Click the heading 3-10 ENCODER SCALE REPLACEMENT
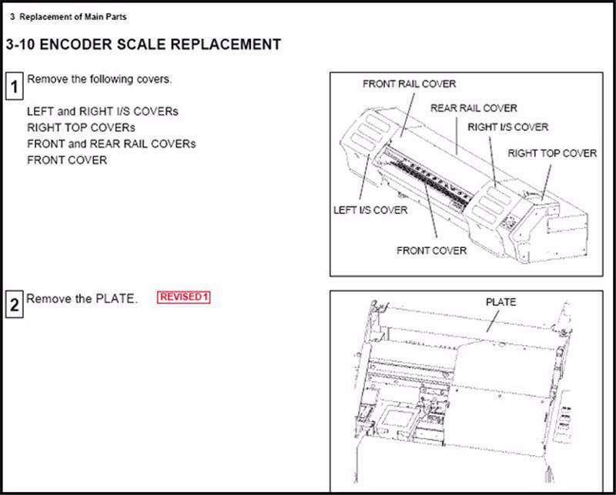[x=143, y=45]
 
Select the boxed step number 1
[x=14, y=85]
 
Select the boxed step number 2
[x=14, y=304]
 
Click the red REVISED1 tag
[x=183, y=296]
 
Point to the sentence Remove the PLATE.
[x=82, y=299]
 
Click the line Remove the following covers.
[x=99, y=79]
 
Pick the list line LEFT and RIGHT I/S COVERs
[x=102, y=112]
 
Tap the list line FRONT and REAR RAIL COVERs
[x=111, y=144]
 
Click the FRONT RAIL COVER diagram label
[x=409, y=84]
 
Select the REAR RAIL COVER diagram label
[x=474, y=108]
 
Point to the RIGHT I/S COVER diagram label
[x=507, y=127]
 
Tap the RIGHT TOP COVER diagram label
[x=551, y=153]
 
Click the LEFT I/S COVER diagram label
[x=370, y=209]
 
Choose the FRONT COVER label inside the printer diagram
[x=431, y=250]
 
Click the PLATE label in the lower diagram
[x=500, y=302]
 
